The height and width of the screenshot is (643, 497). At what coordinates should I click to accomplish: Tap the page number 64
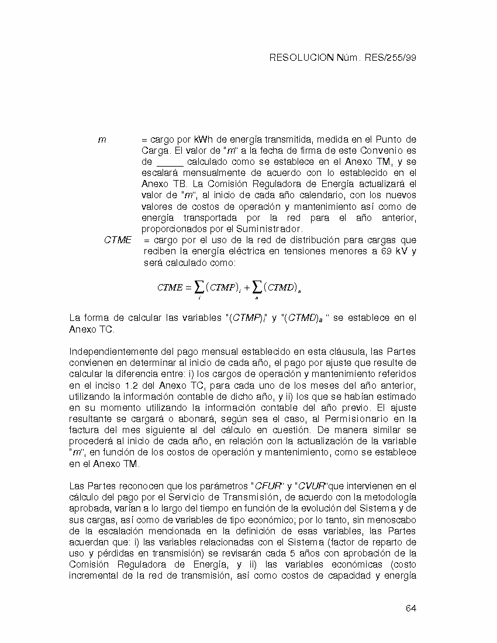(410, 609)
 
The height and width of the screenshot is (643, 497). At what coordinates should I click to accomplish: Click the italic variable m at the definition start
(102, 140)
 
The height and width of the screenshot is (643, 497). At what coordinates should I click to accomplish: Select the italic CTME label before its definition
(118, 240)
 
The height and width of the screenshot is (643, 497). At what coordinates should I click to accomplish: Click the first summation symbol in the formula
(199, 286)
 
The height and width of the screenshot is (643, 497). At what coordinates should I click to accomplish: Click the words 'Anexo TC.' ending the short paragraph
(92, 329)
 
